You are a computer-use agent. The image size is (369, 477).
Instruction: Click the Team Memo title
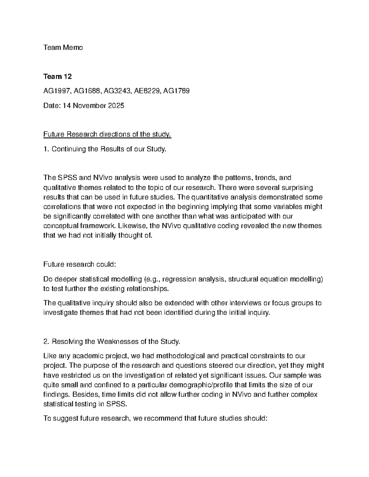click(x=63, y=48)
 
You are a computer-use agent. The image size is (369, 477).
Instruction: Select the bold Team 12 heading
click(x=58, y=76)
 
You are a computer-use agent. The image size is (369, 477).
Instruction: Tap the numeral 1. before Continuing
click(x=46, y=149)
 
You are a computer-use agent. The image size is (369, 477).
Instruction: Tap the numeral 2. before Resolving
click(x=46, y=342)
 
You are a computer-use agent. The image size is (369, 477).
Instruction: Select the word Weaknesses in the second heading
click(x=118, y=342)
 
